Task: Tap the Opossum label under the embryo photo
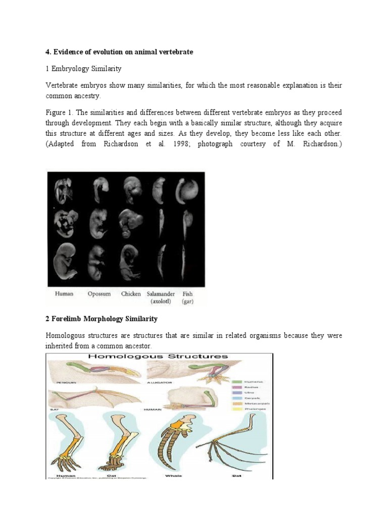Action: click(x=99, y=294)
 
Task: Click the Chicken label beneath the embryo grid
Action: click(x=131, y=294)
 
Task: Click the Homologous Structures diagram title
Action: click(x=158, y=356)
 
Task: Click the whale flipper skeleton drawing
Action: click(x=176, y=444)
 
